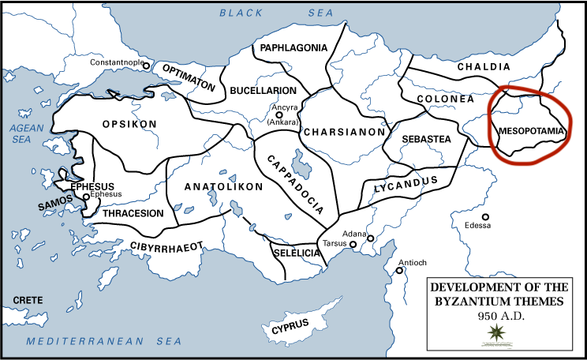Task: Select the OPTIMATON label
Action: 189,81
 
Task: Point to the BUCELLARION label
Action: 263,91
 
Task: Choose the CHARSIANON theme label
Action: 343,132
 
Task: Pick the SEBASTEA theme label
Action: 426,139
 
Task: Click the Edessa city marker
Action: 487,216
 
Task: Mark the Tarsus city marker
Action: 354,246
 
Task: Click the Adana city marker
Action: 370,238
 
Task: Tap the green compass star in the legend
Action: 497,331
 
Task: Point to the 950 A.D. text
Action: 497,315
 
